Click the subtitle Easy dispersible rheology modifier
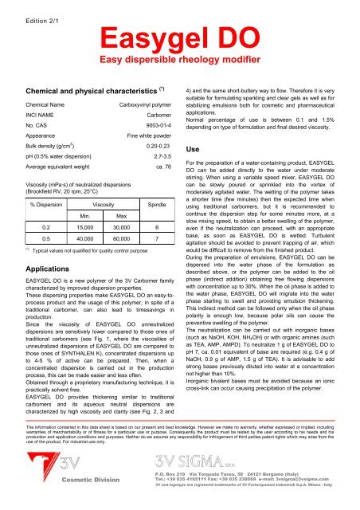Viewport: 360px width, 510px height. pos(180,59)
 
